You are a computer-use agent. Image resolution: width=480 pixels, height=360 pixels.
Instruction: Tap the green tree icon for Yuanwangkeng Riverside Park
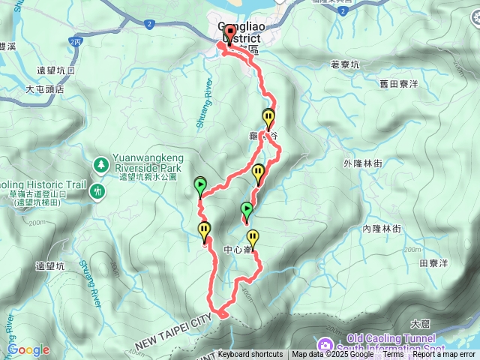pos(100,164)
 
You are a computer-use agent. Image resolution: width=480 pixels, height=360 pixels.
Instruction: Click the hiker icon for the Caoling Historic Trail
pos(97,192)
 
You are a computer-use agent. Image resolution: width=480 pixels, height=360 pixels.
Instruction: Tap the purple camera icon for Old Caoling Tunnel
pos(325,345)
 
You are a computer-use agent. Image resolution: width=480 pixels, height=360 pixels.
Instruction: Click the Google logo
pos(28,349)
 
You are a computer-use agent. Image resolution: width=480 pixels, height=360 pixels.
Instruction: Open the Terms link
pos(393,355)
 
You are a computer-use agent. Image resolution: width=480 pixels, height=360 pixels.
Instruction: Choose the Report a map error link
pos(444,355)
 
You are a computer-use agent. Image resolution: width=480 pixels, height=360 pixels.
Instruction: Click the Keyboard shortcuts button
pos(250,355)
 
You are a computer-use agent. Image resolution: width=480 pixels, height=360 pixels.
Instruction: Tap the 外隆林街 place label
pos(363,163)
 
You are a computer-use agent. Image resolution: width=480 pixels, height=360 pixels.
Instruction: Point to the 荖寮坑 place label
pos(345,65)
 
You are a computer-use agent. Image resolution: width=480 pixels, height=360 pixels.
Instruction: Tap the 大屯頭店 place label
pos(45,88)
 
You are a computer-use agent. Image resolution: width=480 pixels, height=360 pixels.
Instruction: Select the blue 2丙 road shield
pos(74,42)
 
